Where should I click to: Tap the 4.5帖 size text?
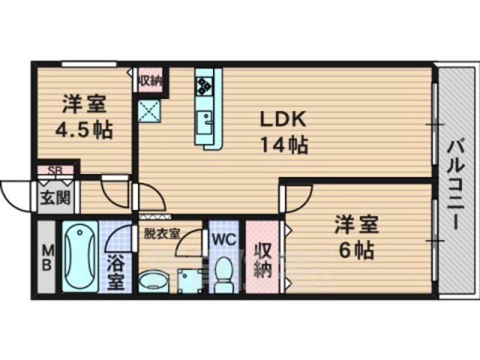point(83,129)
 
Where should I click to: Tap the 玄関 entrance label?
point(50,199)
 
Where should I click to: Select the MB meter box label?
point(46,258)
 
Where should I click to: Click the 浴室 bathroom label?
point(116,273)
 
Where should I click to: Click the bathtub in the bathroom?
point(78,257)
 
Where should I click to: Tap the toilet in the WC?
point(223,274)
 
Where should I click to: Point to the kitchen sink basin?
point(204,121)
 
